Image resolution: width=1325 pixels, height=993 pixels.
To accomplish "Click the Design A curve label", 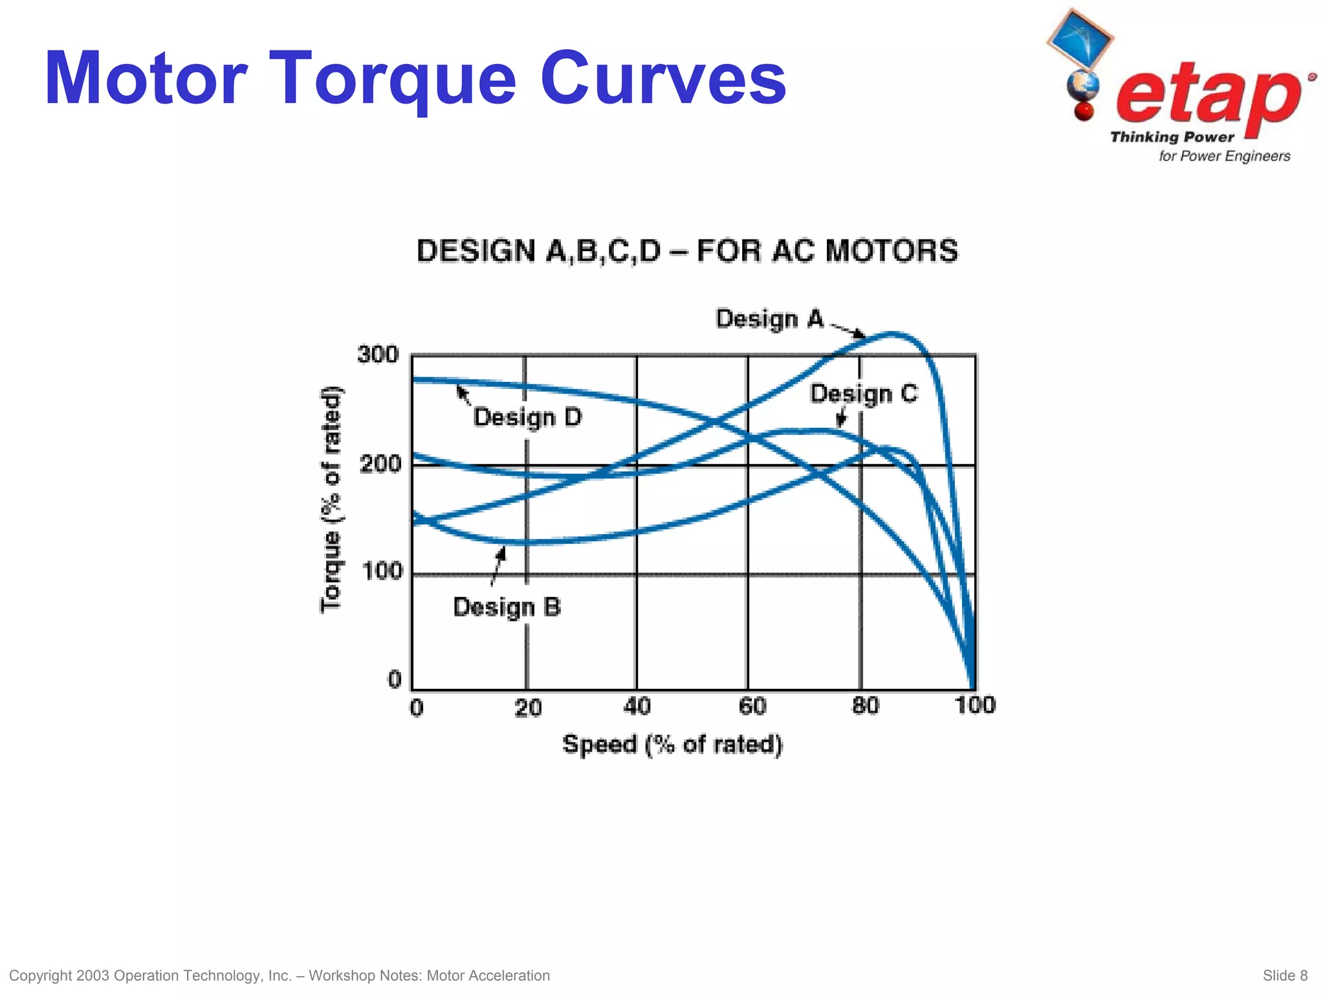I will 769,319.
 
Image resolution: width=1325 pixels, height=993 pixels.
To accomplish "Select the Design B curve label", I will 507,607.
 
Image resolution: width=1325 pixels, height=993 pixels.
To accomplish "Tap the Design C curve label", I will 863,394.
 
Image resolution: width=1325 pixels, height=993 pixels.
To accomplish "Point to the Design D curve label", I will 527,418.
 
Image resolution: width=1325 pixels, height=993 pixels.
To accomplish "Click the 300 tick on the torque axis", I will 378,355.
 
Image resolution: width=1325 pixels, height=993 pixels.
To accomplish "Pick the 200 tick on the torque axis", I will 380,464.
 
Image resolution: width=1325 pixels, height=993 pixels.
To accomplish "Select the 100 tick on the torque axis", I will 382,572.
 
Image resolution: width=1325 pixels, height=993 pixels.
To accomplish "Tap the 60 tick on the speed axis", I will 752,706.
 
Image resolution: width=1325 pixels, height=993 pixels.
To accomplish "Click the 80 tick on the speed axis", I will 865,706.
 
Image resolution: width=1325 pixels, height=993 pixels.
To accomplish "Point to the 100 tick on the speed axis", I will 975,705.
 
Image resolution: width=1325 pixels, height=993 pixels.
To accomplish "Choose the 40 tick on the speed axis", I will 637,706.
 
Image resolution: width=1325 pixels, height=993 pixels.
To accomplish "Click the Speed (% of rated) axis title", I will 672,744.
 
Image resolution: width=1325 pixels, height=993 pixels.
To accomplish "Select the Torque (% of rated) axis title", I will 331,499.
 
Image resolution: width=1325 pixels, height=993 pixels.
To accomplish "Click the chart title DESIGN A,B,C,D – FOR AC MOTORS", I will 687,251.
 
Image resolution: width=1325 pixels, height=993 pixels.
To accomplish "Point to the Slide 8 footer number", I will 1285,976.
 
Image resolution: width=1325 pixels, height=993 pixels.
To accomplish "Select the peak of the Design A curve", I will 893,333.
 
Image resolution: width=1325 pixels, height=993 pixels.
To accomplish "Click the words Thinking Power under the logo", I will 1172,137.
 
